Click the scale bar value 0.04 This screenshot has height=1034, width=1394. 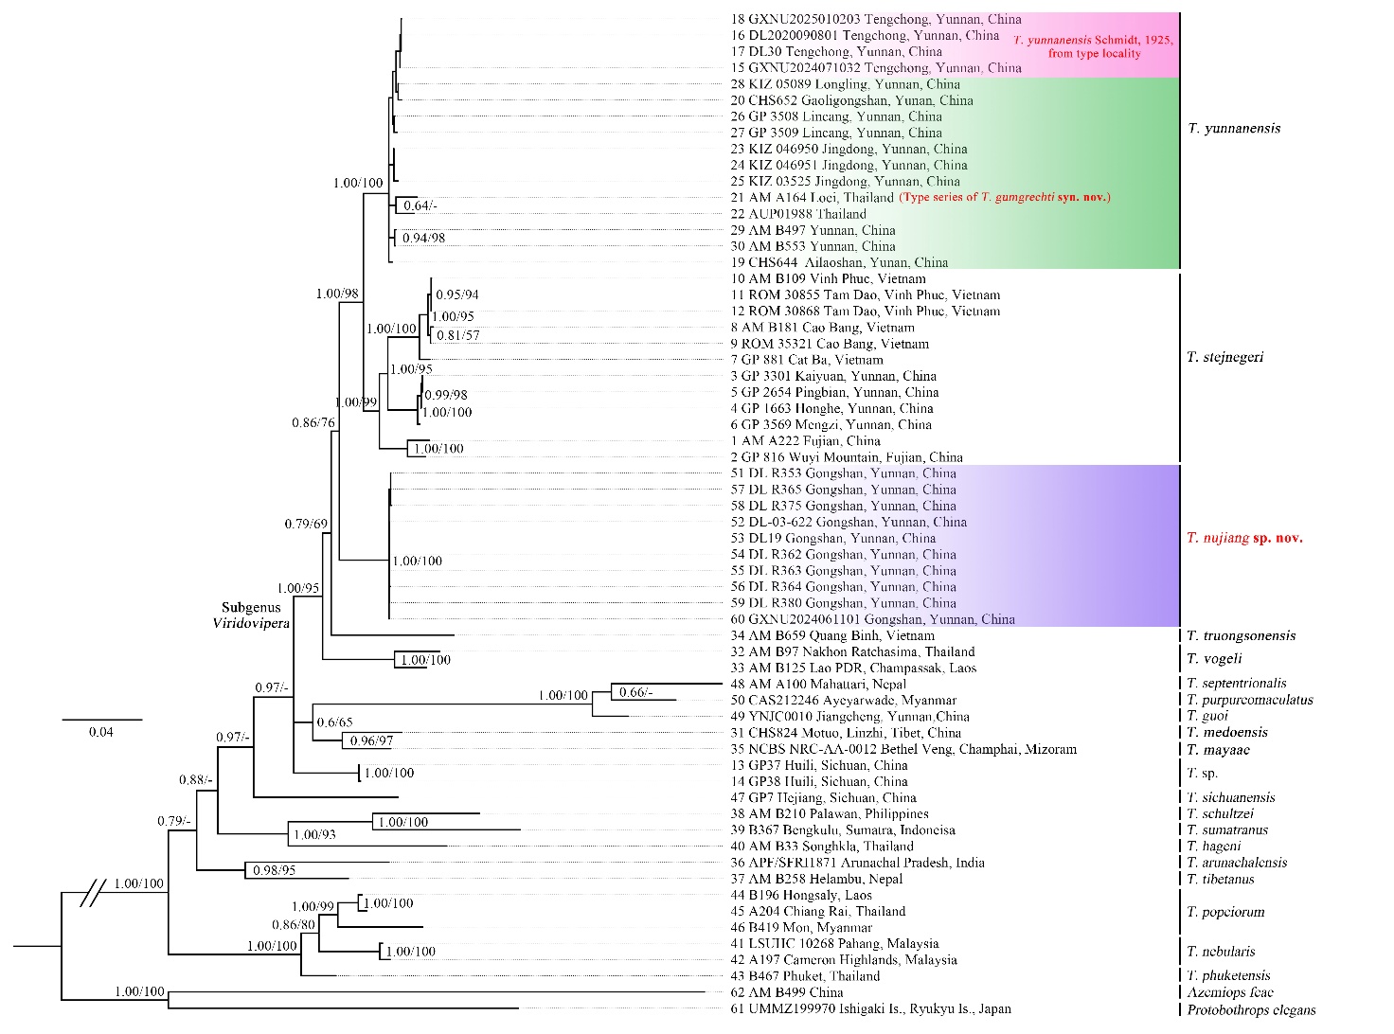pyautogui.click(x=100, y=732)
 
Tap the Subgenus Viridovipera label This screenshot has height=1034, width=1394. pyautogui.click(x=251, y=615)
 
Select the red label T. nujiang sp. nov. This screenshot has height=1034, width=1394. pyautogui.click(x=1244, y=538)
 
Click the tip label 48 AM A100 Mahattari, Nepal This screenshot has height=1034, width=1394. pyautogui.click(x=818, y=684)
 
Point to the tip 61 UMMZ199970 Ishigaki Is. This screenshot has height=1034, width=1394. pyautogui.click(x=870, y=1008)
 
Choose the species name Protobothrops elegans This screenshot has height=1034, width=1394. pyautogui.click(x=1251, y=1009)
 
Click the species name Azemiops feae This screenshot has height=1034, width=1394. pyautogui.click(x=1230, y=992)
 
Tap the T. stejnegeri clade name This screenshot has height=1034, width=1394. pyautogui.click(x=1224, y=357)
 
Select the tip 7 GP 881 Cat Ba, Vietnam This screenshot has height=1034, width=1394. pyautogui.click(x=806, y=360)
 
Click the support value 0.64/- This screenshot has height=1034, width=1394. pyautogui.click(x=420, y=205)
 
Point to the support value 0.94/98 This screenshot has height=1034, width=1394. pyautogui.click(x=423, y=238)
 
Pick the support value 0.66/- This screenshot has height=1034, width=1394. pyautogui.click(x=635, y=692)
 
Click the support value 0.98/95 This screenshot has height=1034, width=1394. pyautogui.click(x=274, y=870)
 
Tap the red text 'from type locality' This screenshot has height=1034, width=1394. pyautogui.click(x=1094, y=54)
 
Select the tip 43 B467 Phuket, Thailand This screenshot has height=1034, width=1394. pyautogui.click(x=805, y=976)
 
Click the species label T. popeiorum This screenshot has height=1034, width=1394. pyautogui.click(x=1225, y=912)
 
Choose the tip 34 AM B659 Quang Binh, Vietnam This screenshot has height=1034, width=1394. pyautogui.click(x=832, y=635)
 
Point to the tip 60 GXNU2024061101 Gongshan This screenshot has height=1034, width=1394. pyautogui.click(x=872, y=619)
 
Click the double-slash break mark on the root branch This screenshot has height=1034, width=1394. pyautogui.click(x=92, y=893)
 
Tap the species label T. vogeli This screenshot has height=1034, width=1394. pyautogui.click(x=1214, y=659)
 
